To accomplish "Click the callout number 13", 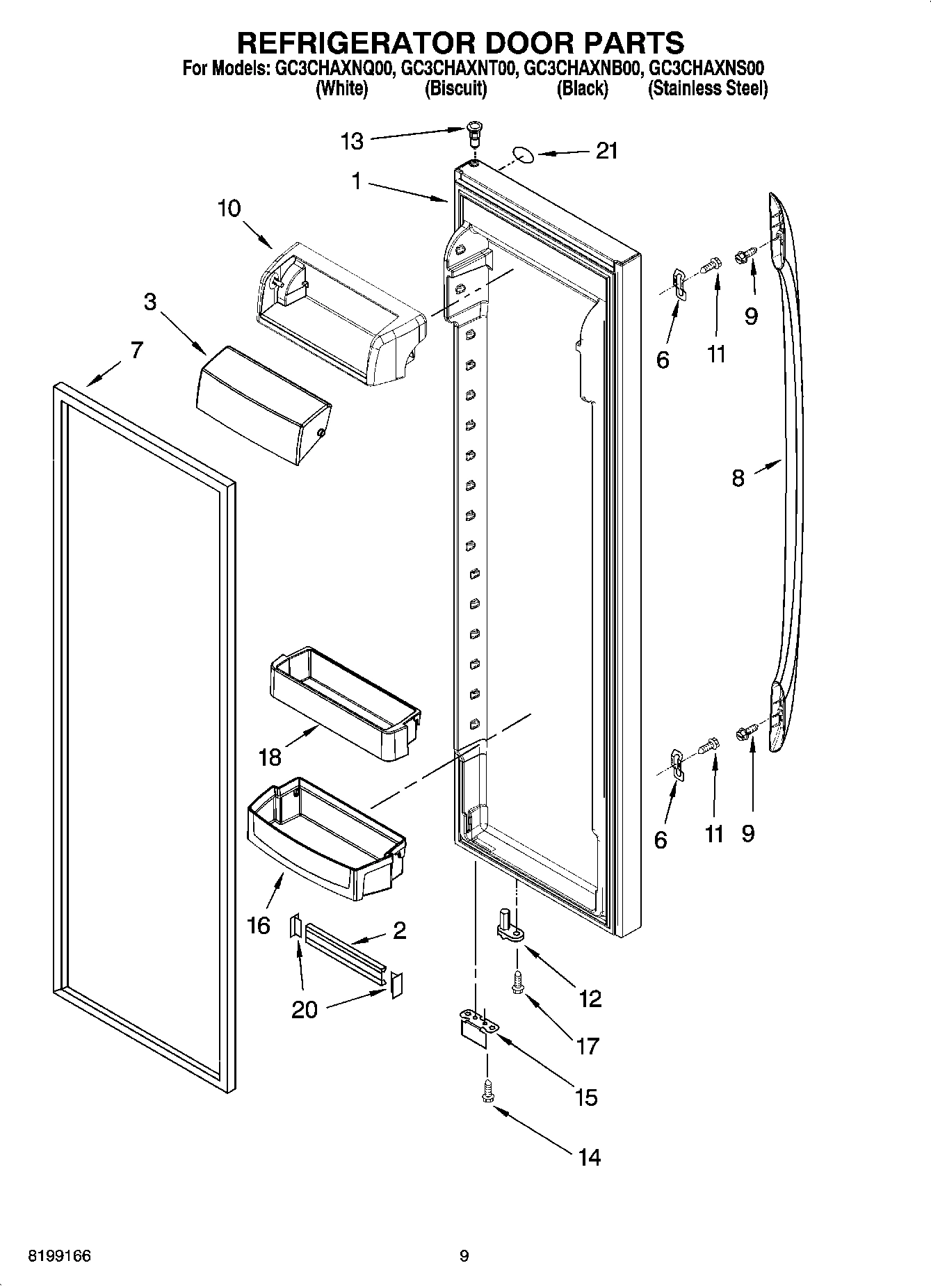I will pos(353,142).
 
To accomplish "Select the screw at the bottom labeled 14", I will pos(487,1091).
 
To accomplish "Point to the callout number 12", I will pos(590,999).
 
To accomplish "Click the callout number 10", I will pos(229,208).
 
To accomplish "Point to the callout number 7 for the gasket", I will pos(136,350).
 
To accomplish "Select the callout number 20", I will pos(304,1009).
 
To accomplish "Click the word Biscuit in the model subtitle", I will pos(455,89).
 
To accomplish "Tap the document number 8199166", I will pos(59,1256).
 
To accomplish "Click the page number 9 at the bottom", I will pos(464,1256).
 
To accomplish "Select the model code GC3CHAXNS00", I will pos(706,69).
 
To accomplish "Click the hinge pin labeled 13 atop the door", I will pos(473,132).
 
